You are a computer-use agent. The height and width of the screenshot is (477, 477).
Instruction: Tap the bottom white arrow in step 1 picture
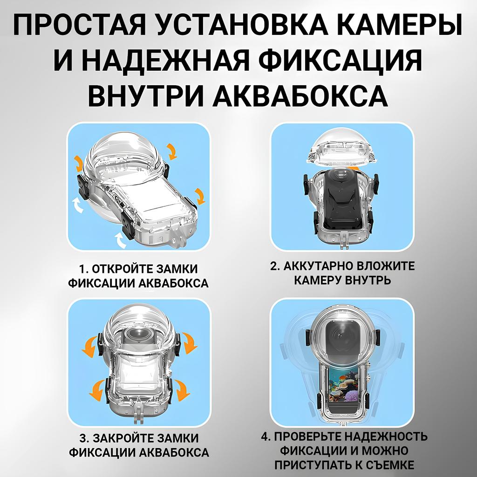122,240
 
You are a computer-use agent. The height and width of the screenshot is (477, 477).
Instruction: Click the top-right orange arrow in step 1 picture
172,151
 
